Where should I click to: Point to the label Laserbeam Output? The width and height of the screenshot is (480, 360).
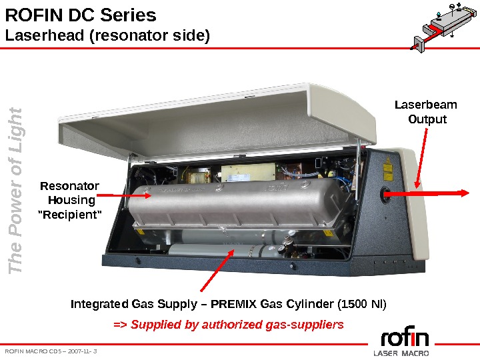426,112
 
